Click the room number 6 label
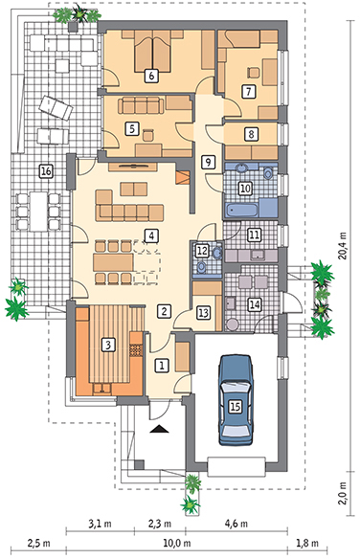tap(151, 76)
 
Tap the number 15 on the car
tap(236, 406)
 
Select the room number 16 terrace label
tap(46, 171)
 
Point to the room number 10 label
tap(245, 188)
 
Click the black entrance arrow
tap(159, 429)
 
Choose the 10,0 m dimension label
tap(177, 544)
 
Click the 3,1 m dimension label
tap(100, 524)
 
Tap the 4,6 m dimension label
tap(236, 524)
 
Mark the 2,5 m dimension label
tap(38, 544)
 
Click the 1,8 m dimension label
tap(307, 544)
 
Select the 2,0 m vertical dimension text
tap(343, 493)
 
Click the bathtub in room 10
tap(241, 210)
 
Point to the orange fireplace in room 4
tap(183, 177)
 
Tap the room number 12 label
tap(202, 250)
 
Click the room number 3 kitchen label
tap(108, 345)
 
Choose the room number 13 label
tap(204, 313)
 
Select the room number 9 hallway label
tap(208, 162)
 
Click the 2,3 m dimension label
tap(159, 524)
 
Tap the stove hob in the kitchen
tap(135, 349)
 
